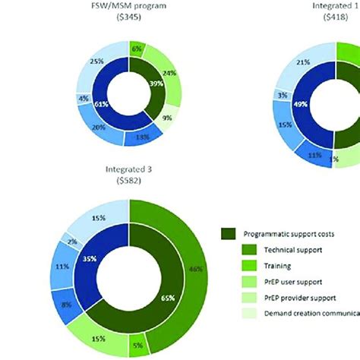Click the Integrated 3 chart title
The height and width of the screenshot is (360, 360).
[x=129, y=171]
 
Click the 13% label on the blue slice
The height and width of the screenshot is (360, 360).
[x=141, y=137]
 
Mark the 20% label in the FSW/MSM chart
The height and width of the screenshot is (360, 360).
[x=98, y=128]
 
